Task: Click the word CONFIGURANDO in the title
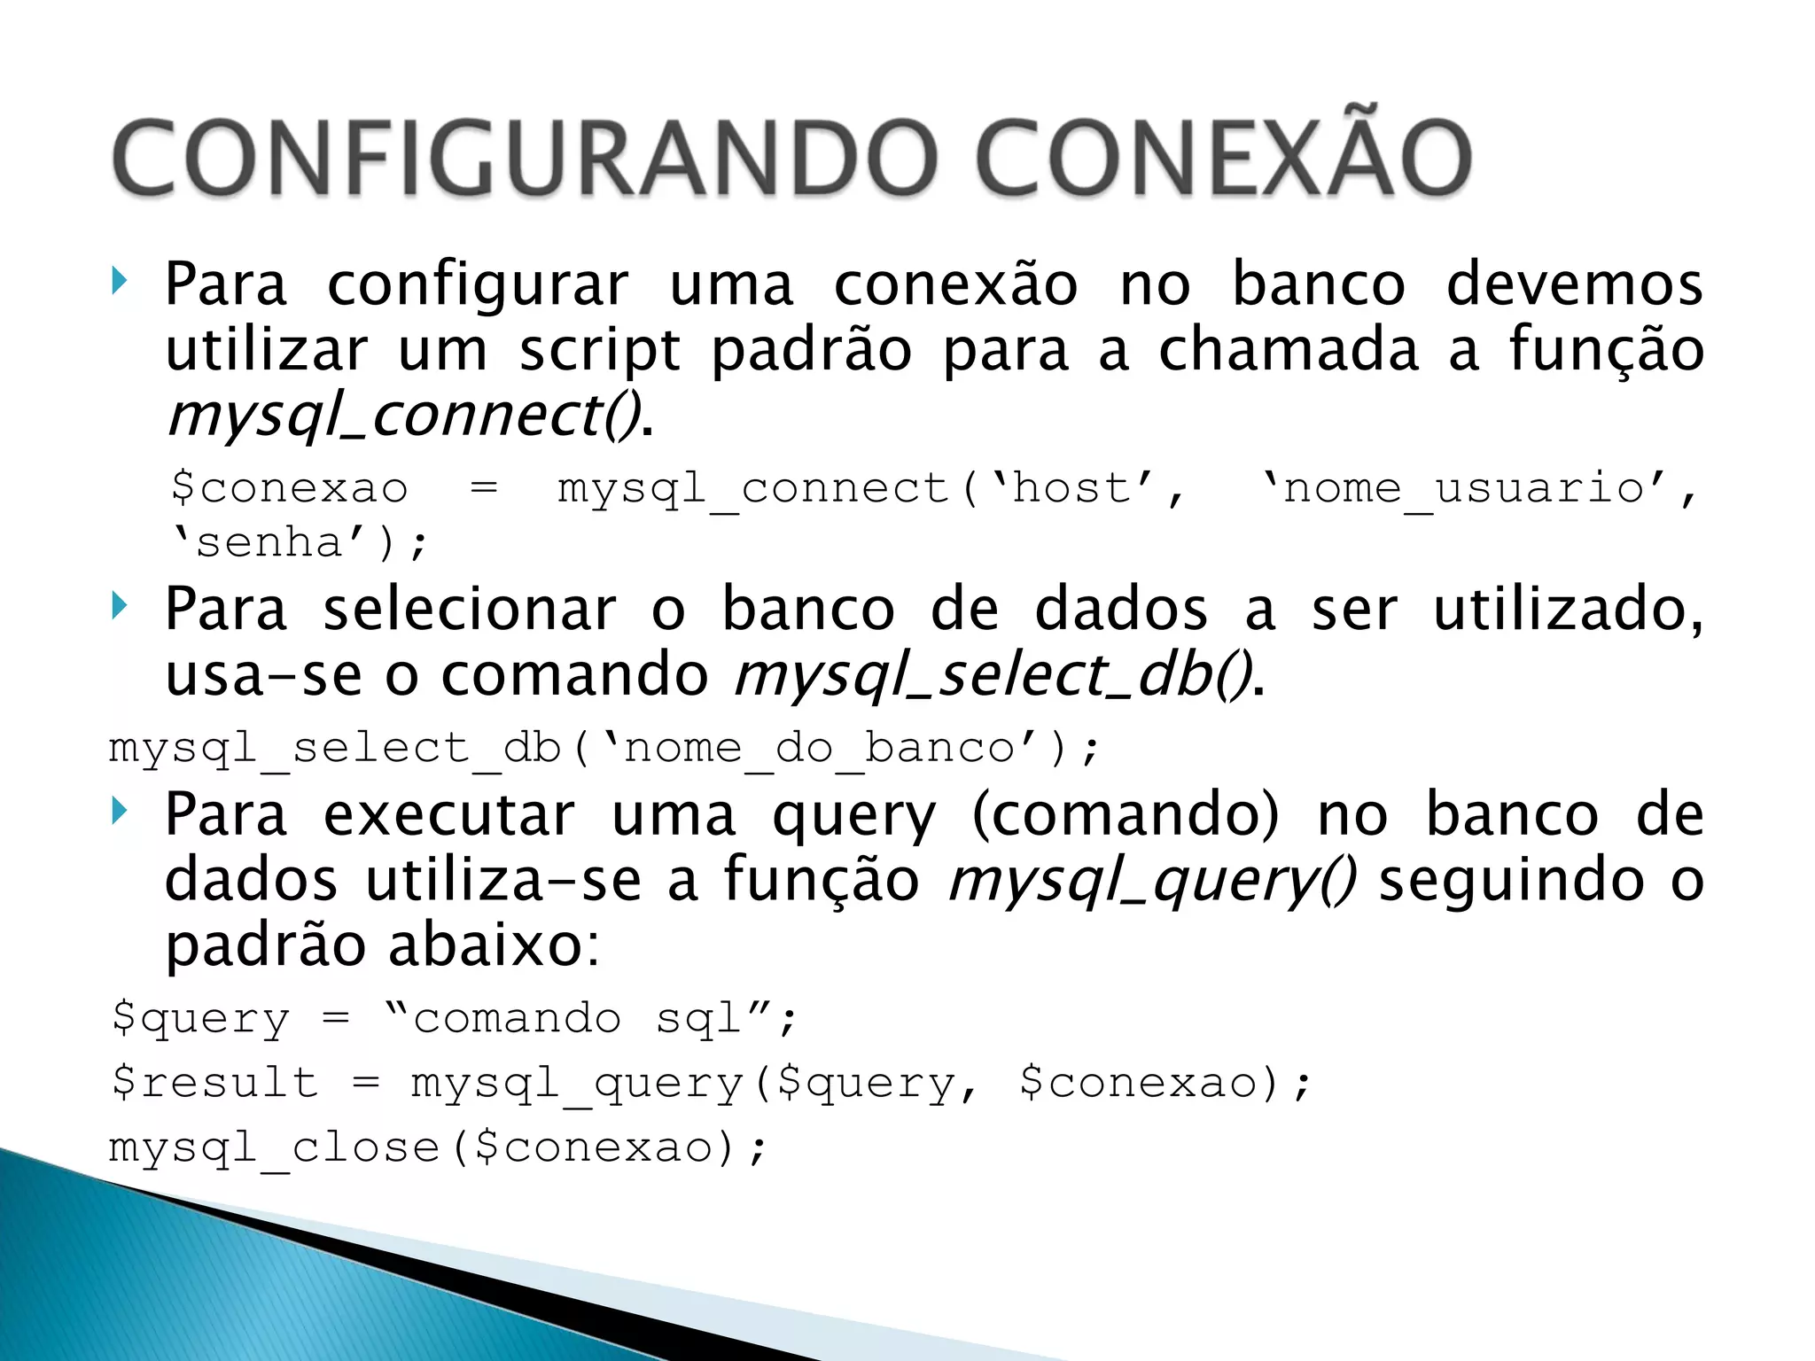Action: coord(523,159)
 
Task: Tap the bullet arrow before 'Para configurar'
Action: coord(121,283)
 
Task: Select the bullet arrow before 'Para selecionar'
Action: coord(121,607)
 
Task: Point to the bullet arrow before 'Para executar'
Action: coord(121,812)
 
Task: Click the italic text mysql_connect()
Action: coord(403,416)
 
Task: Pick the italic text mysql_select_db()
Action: coord(993,675)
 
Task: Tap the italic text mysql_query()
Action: coord(1151,881)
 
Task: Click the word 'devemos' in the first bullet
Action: coord(1574,284)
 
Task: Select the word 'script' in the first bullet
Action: coord(600,351)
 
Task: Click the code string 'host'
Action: coord(1072,488)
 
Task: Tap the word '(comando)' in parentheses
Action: coord(1126,814)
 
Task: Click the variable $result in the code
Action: coord(214,1083)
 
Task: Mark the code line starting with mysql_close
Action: coord(438,1148)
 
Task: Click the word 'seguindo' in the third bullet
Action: coord(1512,881)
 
